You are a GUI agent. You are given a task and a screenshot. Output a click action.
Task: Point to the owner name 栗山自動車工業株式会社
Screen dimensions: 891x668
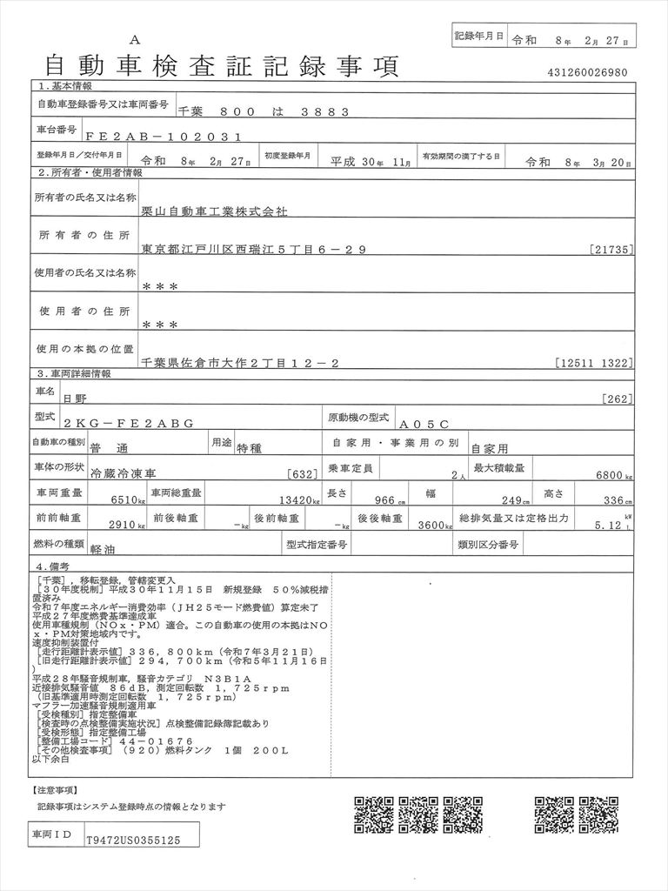coord(213,211)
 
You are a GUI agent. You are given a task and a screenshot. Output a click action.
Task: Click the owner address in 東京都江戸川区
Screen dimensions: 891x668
coord(253,250)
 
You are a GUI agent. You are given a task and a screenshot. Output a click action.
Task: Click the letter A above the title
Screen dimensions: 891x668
coord(134,40)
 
